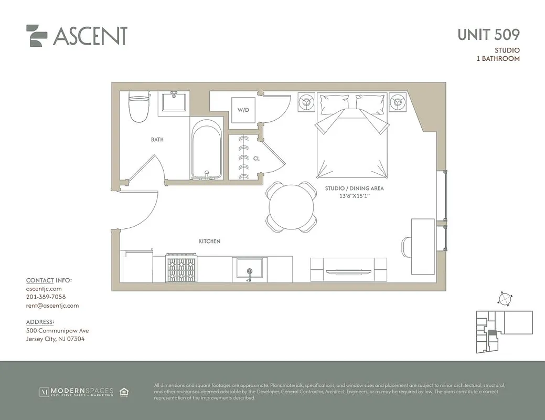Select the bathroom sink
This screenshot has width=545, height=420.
(x=174, y=102)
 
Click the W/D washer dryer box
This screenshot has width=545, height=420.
(x=243, y=110)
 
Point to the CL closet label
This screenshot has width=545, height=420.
(x=257, y=157)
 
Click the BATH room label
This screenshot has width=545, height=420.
(x=157, y=140)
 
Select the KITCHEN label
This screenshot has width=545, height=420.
(x=209, y=241)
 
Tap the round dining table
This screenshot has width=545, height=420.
(x=291, y=207)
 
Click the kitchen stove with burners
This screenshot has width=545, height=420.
(x=181, y=269)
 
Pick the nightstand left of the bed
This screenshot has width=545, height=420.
(x=306, y=102)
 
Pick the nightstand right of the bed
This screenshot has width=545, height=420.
(x=398, y=102)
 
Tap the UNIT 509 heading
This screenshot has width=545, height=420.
(x=488, y=35)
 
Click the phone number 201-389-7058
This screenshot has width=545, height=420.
(x=46, y=297)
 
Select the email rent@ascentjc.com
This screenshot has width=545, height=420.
(x=52, y=306)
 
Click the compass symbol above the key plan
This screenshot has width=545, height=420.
(x=504, y=298)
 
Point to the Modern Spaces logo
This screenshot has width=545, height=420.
(x=77, y=392)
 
